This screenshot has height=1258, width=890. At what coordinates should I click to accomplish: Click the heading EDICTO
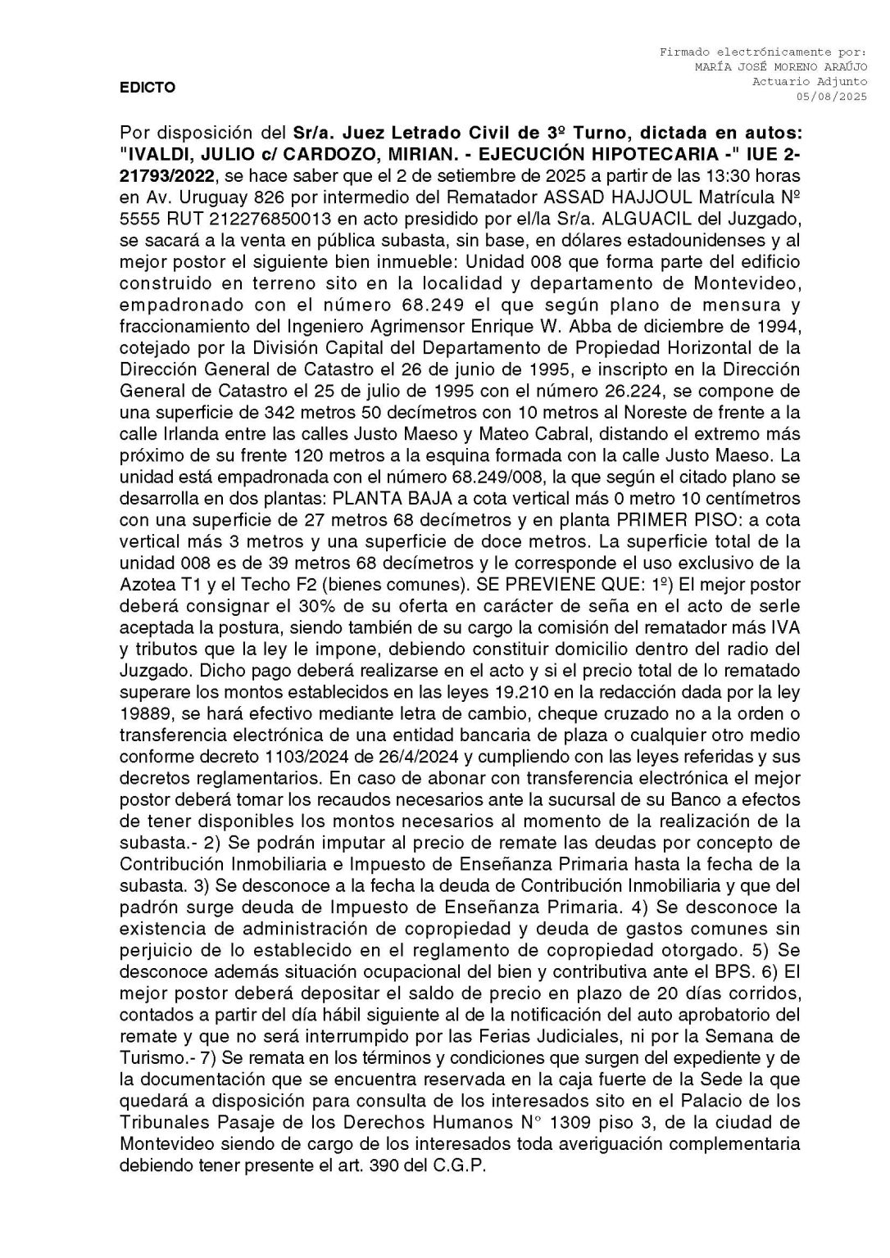tap(148, 88)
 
